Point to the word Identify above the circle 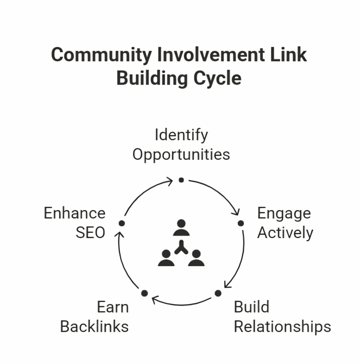[x=181, y=135]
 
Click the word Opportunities [x=181, y=155]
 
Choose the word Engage [x=284, y=214]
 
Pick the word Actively [x=285, y=233]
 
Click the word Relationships [x=282, y=326]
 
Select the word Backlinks [x=94, y=326]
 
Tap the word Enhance [x=75, y=214]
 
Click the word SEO [x=90, y=233]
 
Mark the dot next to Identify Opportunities [x=181, y=180]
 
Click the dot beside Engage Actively [x=241, y=223]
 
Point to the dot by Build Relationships [x=218, y=293]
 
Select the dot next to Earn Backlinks [x=144, y=293]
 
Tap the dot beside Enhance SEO [x=121, y=223]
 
